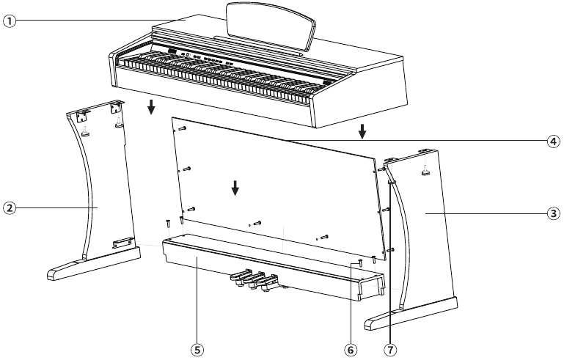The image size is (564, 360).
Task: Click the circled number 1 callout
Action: click(x=9, y=21)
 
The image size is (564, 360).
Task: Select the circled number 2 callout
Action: click(x=9, y=208)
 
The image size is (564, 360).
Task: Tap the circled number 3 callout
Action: click(x=554, y=214)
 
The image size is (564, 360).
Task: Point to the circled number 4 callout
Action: click(x=554, y=141)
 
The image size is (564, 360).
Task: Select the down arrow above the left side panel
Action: click(x=151, y=108)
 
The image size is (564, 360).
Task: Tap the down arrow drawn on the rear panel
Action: click(x=235, y=188)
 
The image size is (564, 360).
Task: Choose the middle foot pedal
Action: click(x=257, y=280)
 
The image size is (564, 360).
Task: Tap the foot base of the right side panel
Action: click(x=411, y=314)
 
